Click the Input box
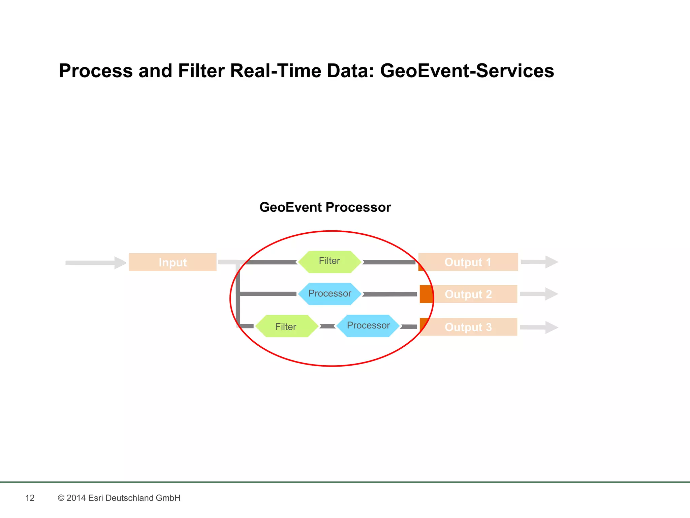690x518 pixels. click(x=172, y=262)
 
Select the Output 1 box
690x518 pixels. click(x=468, y=262)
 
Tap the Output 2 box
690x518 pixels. click(x=468, y=294)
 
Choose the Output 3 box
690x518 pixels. click(x=468, y=327)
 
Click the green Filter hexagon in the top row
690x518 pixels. click(x=330, y=262)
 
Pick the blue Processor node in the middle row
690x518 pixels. click(x=330, y=294)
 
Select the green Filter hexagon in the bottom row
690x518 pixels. click(x=286, y=326)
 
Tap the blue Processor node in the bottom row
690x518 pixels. click(x=368, y=326)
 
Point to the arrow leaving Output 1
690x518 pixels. click(x=539, y=262)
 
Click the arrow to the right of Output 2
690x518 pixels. click(x=539, y=294)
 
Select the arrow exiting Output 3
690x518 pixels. click(x=539, y=327)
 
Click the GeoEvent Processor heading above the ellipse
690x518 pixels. click(x=325, y=207)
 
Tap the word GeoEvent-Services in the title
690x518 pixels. click(x=467, y=71)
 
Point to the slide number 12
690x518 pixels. click(x=30, y=498)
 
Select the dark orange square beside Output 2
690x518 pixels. click(x=426, y=294)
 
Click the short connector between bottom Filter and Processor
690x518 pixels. click(x=327, y=326)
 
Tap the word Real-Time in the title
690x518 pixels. click(x=275, y=71)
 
